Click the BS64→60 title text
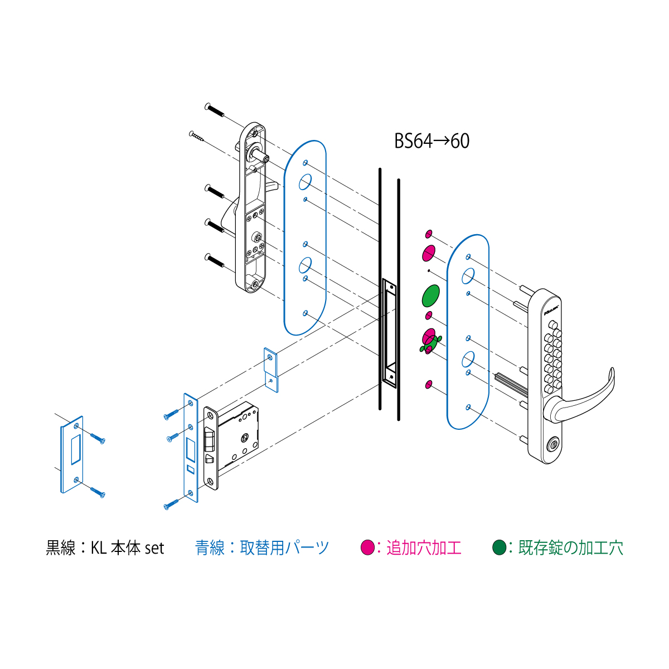pyautogui.click(x=432, y=140)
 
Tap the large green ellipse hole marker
pyautogui.click(x=430, y=295)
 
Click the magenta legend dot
pyautogui.click(x=367, y=547)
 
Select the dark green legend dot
pyautogui.click(x=499, y=547)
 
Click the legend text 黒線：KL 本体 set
pyautogui.click(x=105, y=548)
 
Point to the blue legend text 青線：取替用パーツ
pyautogui.click(x=262, y=548)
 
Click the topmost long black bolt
pyautogui.click(x=215, y=110)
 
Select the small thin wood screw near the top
pyautogui.click(x=196, y=136)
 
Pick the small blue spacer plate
pyautogui.click(x=271, y=370)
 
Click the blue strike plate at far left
pyautogui.click(x=72, y=454)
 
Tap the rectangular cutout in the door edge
pyautogui.click(x=389, y=333)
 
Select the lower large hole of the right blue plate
pyautogui.click(x=468, y=359)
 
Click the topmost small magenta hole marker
pyautogui.click(x=429, y=234)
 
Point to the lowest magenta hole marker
pyautogui.click(x=429, y=384)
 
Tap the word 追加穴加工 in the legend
pyautogui.click(x=424, y=548)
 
